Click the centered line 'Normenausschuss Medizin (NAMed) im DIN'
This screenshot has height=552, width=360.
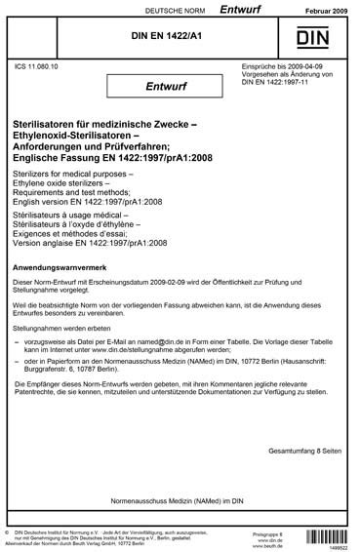[180, 508]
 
